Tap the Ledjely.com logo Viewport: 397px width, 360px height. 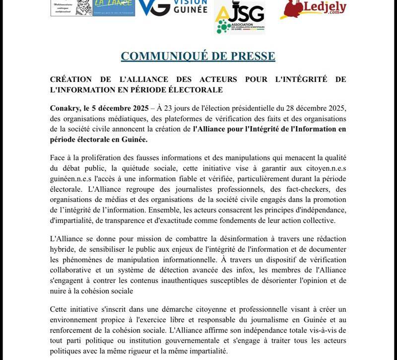313,9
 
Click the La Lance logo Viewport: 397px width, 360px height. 114,8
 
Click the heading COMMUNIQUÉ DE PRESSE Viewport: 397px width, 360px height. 198,56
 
